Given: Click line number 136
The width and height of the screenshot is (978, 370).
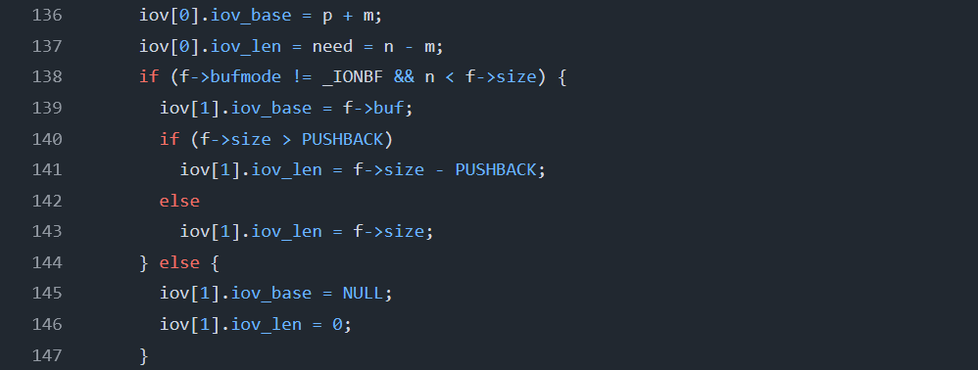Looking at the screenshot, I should pyautogui.click(x=48, y=16).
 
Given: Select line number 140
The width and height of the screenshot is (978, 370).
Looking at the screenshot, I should pyautogui.click(x=48, y=139).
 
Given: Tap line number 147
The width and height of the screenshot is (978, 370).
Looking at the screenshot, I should pyautogui.click(x=48, y=354).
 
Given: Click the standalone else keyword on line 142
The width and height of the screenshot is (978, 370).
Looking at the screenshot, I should pyautogui.click(x=179, y=201).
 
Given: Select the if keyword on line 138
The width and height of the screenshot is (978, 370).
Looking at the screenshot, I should pyautogui.click(x=148, y=77).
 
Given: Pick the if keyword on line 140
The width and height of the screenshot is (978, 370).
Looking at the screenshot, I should pyautogui.click(x=170, y=139).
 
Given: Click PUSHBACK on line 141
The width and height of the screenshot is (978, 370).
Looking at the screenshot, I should pyautogui.click(x=497, y=169).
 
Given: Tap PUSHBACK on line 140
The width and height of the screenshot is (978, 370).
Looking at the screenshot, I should pyautogui.click(x=352, y=139).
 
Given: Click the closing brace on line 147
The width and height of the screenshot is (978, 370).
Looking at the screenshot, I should pyautogui.click(x=144, y=354).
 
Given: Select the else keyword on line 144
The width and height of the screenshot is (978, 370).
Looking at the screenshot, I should pyautogui.click(x=179, y=262).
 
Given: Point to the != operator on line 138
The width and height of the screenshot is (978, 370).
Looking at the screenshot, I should pyautogui.click(x=270, y=77).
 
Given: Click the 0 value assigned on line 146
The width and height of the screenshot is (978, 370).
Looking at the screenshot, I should pyautogui.click(x=337, y=324).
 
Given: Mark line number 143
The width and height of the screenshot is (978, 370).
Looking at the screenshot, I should pyautogui.click(x=48, y=231).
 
